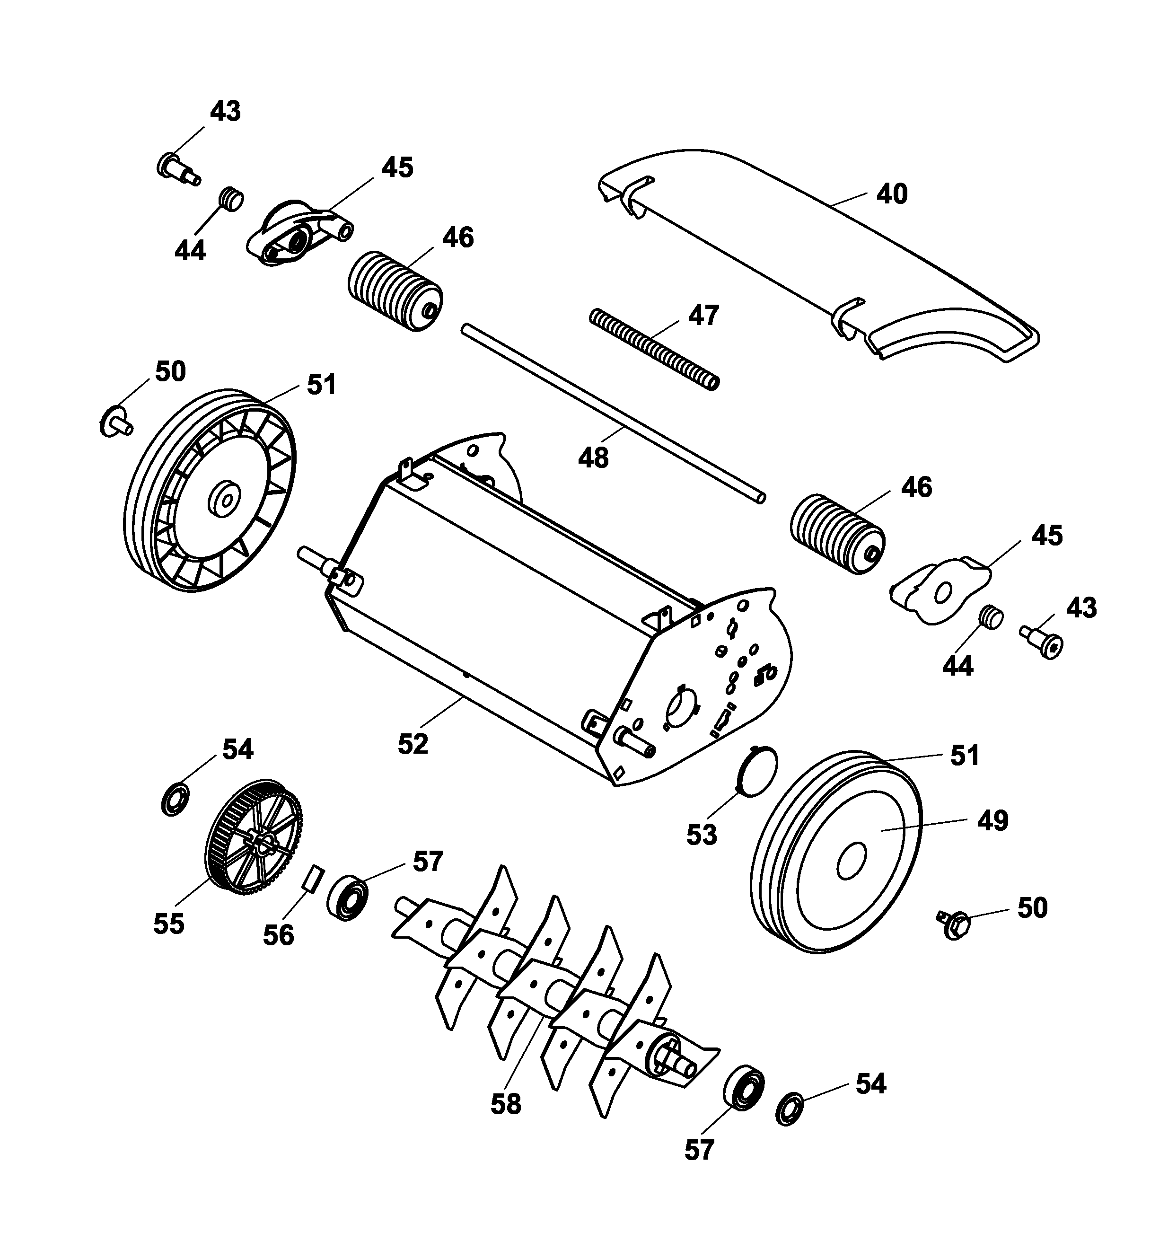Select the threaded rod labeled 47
click(655, 350)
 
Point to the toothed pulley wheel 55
click(254, 844)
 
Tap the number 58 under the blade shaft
click(505, 1104)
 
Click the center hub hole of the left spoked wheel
click(227, 499)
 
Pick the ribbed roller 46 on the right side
click(838, 534)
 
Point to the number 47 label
click(703, 315)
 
